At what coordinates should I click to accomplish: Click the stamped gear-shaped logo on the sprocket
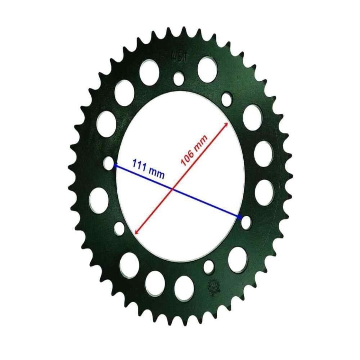point(213,286)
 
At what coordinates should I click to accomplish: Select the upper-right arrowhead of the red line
point(225,124)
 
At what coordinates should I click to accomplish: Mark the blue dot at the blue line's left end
point(115,165)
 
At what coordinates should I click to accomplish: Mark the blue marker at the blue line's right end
point(240,217)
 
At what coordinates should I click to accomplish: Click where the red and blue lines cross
point(172,189)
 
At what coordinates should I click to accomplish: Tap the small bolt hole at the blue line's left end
point(109,163)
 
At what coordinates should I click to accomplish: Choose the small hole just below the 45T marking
point(179,78)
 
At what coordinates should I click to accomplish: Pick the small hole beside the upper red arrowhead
point(226,99)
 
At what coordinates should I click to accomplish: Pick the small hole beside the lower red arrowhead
point(119,228)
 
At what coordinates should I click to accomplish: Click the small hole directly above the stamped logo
point(209,267)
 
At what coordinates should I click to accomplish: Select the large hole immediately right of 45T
point(207,69)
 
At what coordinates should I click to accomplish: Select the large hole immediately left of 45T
point(149,72)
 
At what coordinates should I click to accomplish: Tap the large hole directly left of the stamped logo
point(184,288)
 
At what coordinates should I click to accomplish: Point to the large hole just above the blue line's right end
point(264,192)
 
